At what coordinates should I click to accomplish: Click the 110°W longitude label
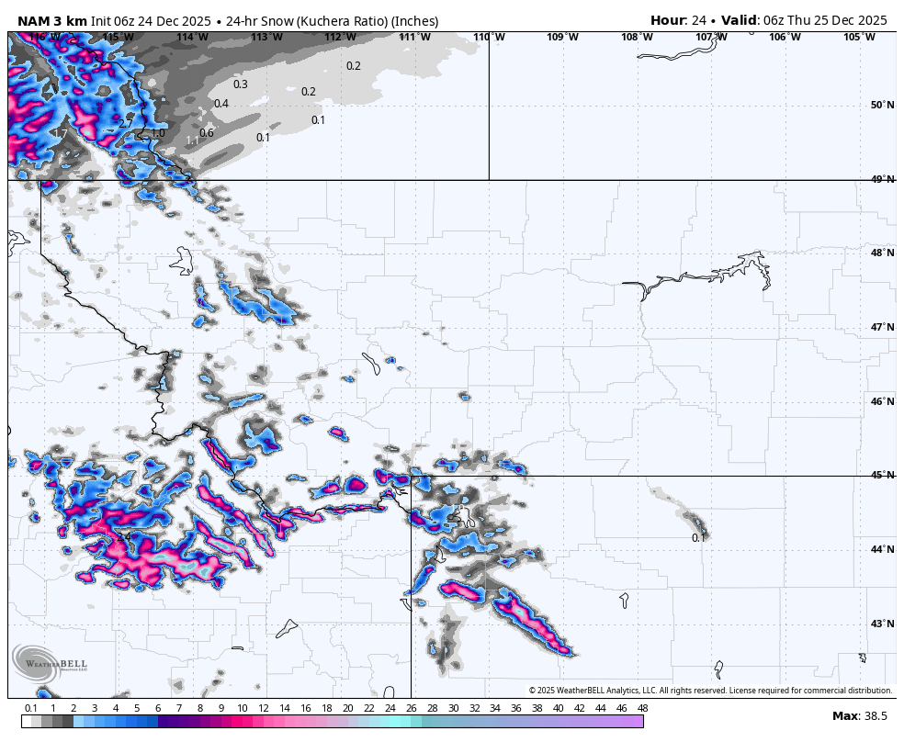488,37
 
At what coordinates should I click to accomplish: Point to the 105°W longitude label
859,37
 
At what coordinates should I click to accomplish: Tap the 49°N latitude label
883,179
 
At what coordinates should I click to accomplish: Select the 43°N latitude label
883,624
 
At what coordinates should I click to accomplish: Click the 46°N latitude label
883,401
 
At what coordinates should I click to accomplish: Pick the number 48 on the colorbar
642,708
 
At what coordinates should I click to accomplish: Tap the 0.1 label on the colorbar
30,708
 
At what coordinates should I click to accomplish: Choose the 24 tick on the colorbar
390,708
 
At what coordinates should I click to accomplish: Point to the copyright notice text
710,691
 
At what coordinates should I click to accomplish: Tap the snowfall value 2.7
126,123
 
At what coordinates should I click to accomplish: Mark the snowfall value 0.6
207,133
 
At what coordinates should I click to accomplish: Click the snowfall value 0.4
221,104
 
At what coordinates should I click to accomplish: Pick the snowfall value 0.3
241,84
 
